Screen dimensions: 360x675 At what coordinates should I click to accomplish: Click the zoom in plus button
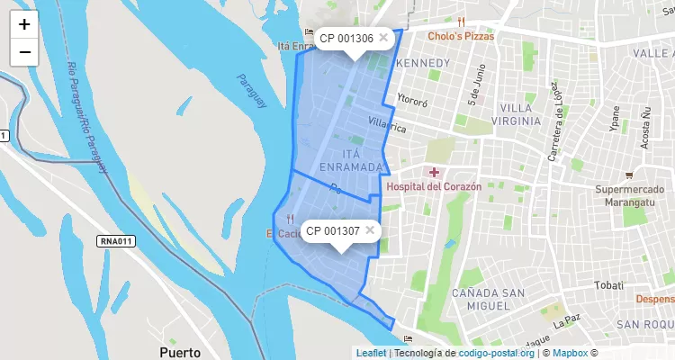click(x=24, y=24)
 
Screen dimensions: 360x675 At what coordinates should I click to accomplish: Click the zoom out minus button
click(x=24, y=52)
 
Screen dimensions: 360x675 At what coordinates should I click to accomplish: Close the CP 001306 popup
click(x=383, y=38)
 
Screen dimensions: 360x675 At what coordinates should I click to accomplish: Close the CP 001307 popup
click(x=370, y=230)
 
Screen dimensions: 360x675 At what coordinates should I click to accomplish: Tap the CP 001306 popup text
click(x=346, y=39)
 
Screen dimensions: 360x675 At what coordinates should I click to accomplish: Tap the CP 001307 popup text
click(x=332, y=231)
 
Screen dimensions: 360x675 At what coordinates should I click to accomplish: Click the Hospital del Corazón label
click(x=434, y=186)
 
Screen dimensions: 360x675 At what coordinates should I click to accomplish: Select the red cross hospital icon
click(x=434, y=171)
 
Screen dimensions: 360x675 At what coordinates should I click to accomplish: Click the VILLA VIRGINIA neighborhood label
click(x=520, y=114)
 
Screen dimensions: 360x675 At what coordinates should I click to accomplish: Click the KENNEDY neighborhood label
click(x=422, y=63)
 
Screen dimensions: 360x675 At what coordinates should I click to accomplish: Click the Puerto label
click(x=179, y=351)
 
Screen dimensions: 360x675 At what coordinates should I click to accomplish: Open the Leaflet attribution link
click(x=370, y=353)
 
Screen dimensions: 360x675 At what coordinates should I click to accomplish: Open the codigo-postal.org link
click(x=497, y=353)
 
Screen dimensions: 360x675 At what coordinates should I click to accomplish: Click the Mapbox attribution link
click(x=569, y=353)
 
